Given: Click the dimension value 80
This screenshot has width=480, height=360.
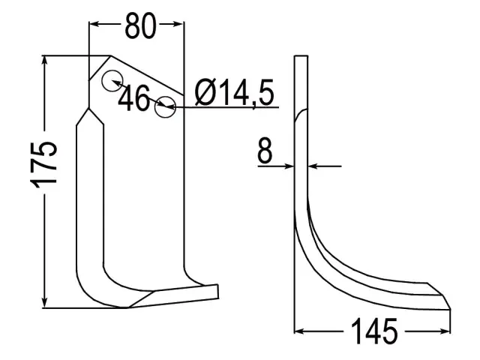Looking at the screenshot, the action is pyautogui.click(x=140, y=25).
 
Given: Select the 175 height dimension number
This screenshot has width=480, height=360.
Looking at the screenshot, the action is pyautogui.click(x=44, y=164).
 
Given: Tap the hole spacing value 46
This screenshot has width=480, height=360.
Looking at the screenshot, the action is pyautogui.click(x=134, y=98).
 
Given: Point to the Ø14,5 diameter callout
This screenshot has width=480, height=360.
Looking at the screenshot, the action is pyautogui.click(x=234, y=92).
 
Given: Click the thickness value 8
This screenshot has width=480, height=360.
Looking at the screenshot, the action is pyautogui.click(x=265, y=150).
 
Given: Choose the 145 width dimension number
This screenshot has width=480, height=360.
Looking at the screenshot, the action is pyautogui.click(x=374, y=331).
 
